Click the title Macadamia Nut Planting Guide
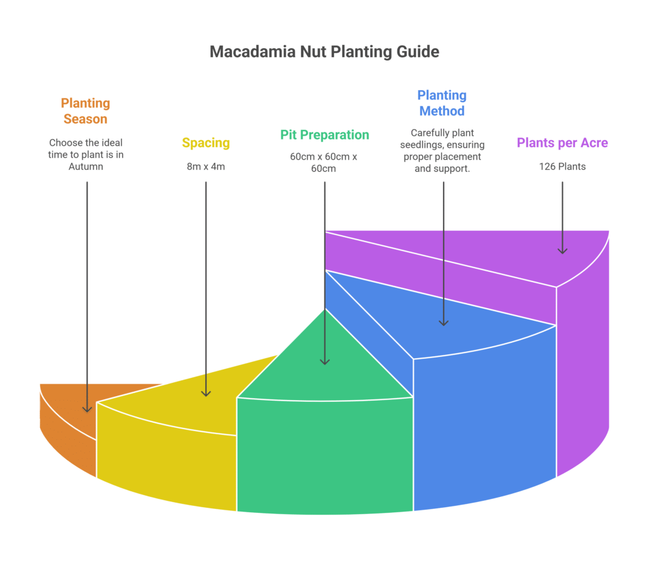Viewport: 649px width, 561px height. [x=324, y=51]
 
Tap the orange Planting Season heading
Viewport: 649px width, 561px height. [x=86, y=111]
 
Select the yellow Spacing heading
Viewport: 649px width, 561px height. [x=205, y=143]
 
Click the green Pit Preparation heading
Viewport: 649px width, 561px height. [x=324, y=134]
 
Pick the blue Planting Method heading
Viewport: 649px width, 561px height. [x=441, y=103]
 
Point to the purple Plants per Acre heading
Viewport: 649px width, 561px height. [x=562, y=143]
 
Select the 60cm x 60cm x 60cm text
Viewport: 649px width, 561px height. [x=324, y=162]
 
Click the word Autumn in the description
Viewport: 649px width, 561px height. [x=86, y=167]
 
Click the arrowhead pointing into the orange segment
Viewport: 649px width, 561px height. [x=87, y=408]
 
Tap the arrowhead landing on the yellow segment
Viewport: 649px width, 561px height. [x=206, y=393]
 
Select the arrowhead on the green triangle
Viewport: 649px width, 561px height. [x=324, y=361]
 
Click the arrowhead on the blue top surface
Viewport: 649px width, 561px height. [x=444, y=322]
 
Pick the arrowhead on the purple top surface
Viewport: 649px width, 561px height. [x=562, y=250]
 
